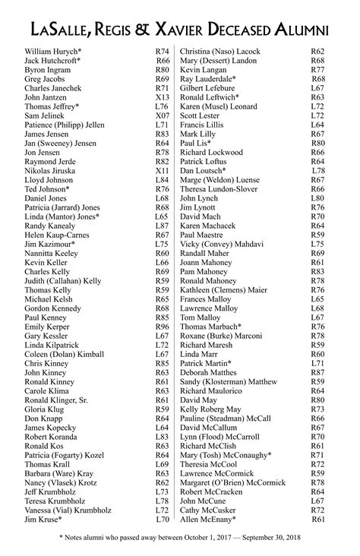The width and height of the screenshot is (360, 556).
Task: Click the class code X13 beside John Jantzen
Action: click(x=163, y=97)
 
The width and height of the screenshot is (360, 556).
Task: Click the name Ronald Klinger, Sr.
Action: click(x=56, y=400)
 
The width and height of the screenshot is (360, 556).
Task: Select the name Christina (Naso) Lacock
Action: click(x=220, y=51)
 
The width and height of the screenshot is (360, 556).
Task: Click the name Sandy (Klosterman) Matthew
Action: click(x=229, y=381)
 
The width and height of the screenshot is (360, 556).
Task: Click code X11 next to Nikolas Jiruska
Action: click(x=163, y=172)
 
